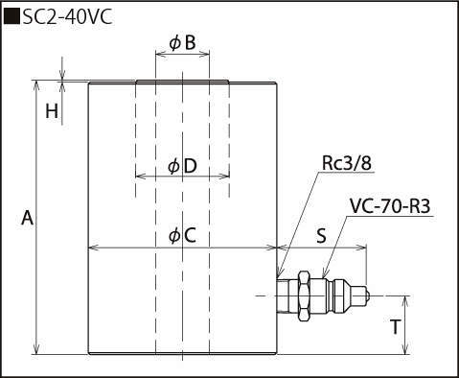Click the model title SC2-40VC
[x=67, y=17]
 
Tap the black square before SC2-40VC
[x=11, y=17]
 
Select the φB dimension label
[x=182, y=43]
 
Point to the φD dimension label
[x=182, y=166]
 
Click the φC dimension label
[x=182, y=236]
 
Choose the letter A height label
[x=27, y=219]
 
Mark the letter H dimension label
[x=52, y=111]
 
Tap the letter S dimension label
[x=321, y=236]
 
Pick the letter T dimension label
[x=395, y=327]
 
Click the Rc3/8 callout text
[x=347, y=163]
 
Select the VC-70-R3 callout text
[x=390, y=206]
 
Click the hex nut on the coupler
[x=304, y=296]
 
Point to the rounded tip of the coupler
[x=366, y=296]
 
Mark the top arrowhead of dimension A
[x=36, y=85]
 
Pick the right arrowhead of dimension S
[x=361, y=248]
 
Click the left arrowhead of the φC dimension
[x=94, y=248]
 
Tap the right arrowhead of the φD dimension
[x=224, y=176]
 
